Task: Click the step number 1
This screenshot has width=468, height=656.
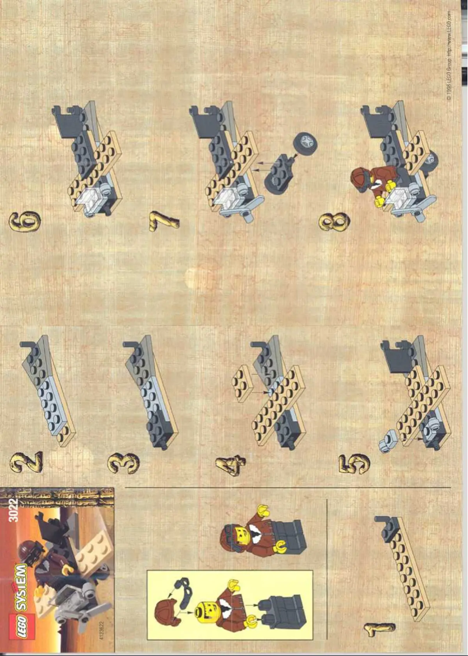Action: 379,630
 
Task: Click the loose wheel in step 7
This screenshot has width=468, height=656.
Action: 305,143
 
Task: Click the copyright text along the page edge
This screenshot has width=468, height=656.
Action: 449,55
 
